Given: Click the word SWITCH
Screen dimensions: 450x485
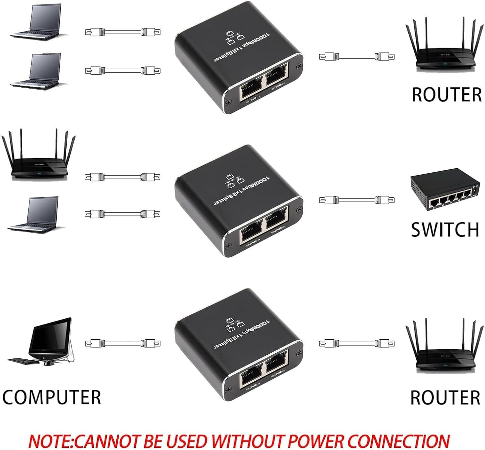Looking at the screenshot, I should pyautogui.click(x=445, y=230).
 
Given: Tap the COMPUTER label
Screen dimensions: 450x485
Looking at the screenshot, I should pyautogui.click(x=52, y=397).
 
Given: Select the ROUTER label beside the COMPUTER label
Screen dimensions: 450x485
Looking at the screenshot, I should pyautogui.click(x=445, y=398).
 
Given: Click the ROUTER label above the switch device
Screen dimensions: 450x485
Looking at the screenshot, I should pyautogui.click(x=447, y=94).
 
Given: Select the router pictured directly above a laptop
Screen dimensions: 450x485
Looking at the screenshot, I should pyautogui.click(x=39, y=159).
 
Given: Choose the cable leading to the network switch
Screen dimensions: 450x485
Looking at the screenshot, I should pyautogui.click(x=357, y=200).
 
